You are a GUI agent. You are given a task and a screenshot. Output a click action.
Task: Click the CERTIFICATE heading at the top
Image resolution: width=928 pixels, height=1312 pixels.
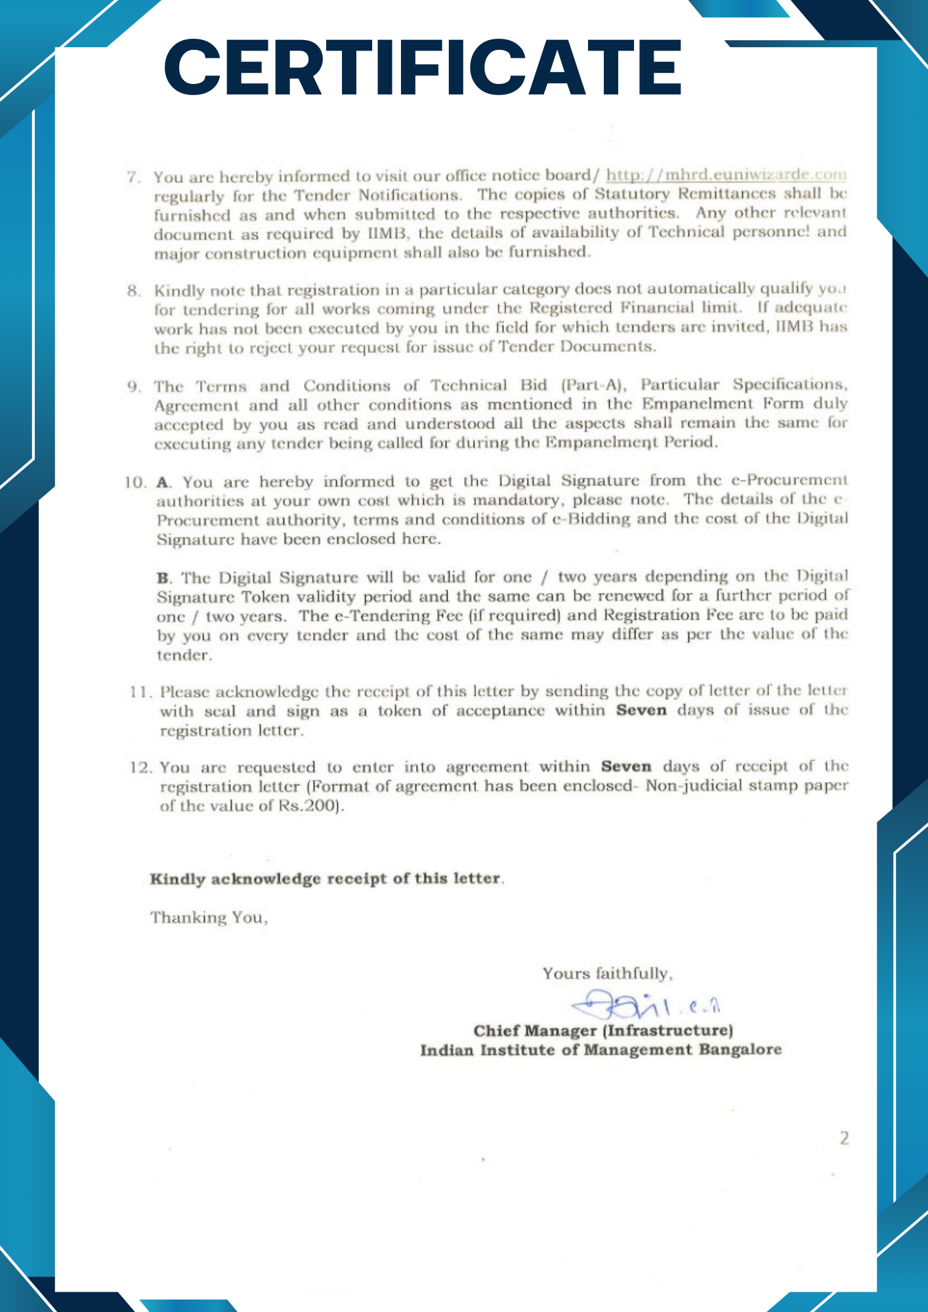coord(423,68)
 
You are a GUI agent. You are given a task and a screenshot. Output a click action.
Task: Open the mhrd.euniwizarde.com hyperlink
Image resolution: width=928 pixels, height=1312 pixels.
coord(726,174)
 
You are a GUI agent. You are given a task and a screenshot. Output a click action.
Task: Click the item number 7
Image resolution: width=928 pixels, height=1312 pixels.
coord(133,177)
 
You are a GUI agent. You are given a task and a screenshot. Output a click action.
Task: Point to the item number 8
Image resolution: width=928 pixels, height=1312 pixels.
coord(133,291)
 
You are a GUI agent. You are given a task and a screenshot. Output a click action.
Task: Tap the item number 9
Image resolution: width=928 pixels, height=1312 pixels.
coord(133,386)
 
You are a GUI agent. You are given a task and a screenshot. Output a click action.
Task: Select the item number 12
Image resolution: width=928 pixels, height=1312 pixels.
coord(141,768)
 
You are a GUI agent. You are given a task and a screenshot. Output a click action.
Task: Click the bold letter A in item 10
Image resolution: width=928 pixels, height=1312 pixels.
coord(163,483)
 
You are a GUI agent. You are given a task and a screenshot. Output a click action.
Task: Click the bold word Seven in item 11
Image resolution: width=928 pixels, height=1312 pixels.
coord(641,710)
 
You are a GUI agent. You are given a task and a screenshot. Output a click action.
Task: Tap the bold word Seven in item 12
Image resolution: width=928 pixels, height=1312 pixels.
coord(626,767)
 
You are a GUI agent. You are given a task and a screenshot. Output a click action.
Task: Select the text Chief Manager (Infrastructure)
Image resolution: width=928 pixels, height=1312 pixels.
coord(603,1031)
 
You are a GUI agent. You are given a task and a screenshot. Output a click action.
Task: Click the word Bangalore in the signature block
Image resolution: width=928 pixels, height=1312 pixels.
coord(740,1050)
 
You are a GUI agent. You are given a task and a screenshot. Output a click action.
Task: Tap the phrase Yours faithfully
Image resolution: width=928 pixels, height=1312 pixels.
coord(607,974)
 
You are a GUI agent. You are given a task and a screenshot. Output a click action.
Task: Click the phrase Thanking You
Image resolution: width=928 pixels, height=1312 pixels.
coord(209,917)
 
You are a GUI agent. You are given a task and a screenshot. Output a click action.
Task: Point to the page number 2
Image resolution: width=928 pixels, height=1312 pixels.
coord(844,1138)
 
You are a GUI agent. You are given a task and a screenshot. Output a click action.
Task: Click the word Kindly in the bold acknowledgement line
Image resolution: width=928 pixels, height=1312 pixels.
coord(177,879)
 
